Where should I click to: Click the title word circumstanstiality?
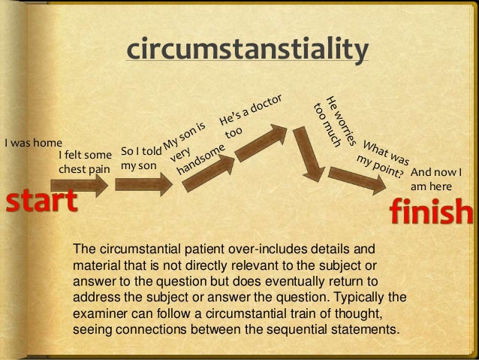click(248, 50)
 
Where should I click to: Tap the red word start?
click(42, 201)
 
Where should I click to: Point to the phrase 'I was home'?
click(33, 143)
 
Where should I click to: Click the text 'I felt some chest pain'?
click(84, 162)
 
